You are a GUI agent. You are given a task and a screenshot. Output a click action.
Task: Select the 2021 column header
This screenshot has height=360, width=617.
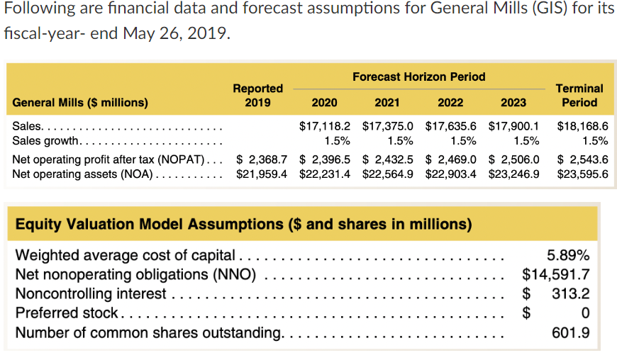387,102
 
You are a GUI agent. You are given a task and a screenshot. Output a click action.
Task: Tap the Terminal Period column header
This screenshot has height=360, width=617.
579,95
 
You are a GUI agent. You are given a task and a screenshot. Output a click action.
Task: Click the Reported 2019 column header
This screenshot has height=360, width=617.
258,95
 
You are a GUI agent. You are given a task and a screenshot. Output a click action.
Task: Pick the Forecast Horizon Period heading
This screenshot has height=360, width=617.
418,77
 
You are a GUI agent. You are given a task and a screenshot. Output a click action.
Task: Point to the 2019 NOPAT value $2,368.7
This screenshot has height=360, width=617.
261,158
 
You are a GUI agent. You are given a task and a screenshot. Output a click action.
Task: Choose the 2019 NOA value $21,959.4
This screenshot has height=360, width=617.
261,172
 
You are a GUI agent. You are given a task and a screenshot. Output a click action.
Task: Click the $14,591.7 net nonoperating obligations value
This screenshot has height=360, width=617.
555,274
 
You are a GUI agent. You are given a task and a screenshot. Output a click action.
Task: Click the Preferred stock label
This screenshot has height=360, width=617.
67,313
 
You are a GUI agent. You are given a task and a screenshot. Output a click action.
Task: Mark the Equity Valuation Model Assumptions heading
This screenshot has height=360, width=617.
243,225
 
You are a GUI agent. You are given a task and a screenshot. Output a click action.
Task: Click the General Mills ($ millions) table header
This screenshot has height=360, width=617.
81,102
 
